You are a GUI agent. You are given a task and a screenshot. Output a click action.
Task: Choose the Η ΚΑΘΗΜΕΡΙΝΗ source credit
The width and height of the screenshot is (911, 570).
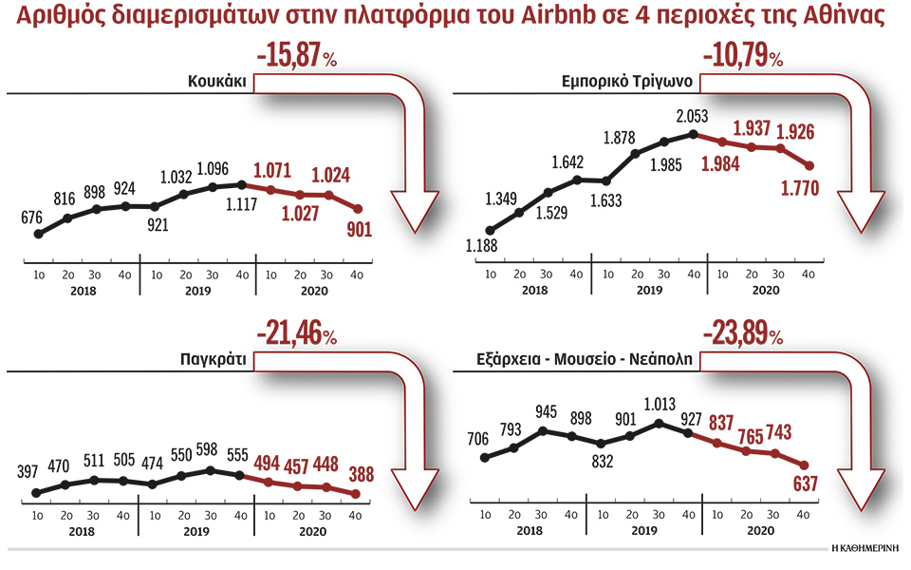(x=865, y=549)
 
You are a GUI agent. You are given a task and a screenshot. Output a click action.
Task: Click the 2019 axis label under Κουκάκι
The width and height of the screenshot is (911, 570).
(x=197, y=291)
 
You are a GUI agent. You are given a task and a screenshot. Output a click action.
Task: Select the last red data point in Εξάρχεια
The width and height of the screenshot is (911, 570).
(x=805, y=465)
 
